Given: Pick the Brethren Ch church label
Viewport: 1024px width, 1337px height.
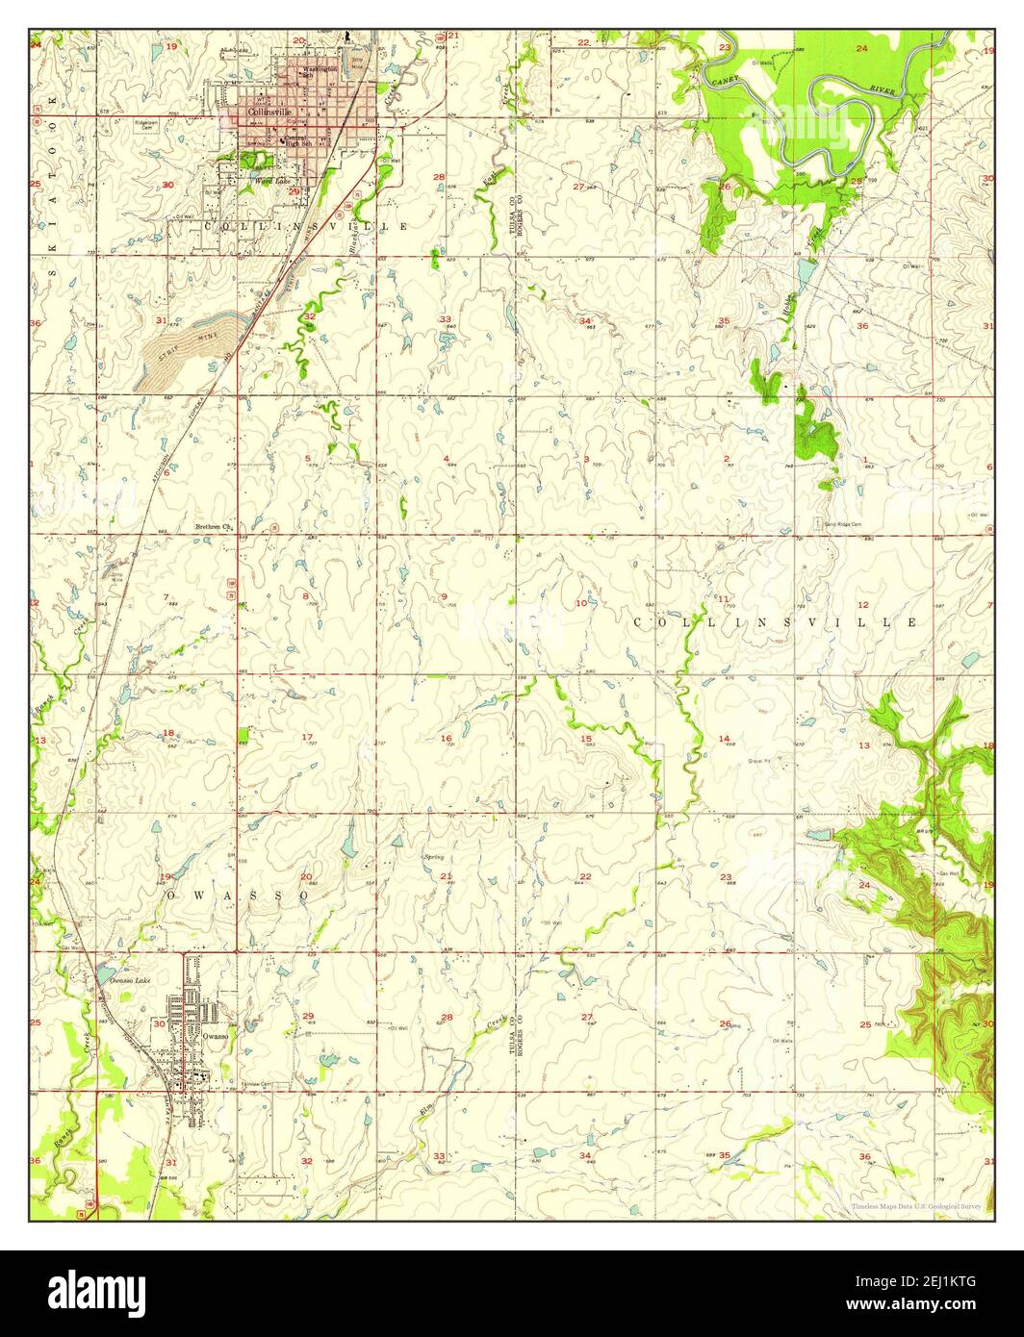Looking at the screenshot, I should pos(214,526).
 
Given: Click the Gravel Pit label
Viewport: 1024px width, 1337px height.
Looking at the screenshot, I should pos(760,760).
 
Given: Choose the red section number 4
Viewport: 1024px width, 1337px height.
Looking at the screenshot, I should pos(447,459).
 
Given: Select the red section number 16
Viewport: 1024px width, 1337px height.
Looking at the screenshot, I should pos(446,739).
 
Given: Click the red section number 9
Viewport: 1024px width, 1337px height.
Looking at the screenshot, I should pos(444,597).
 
